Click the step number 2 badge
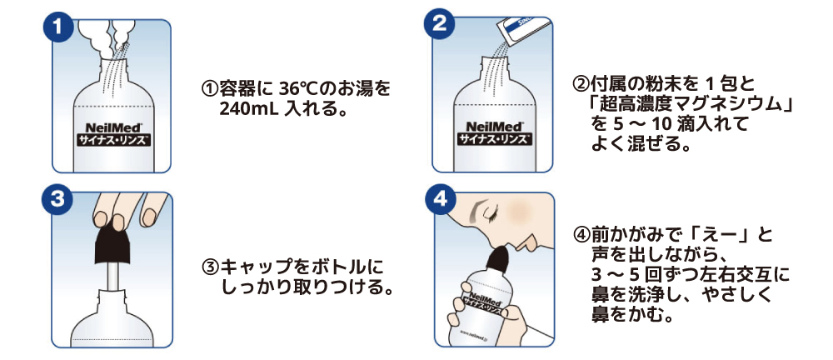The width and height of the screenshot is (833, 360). click(439, 25)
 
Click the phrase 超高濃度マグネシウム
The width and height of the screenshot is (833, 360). click(689, 105)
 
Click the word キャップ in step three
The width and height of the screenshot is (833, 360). click(255, 267)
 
